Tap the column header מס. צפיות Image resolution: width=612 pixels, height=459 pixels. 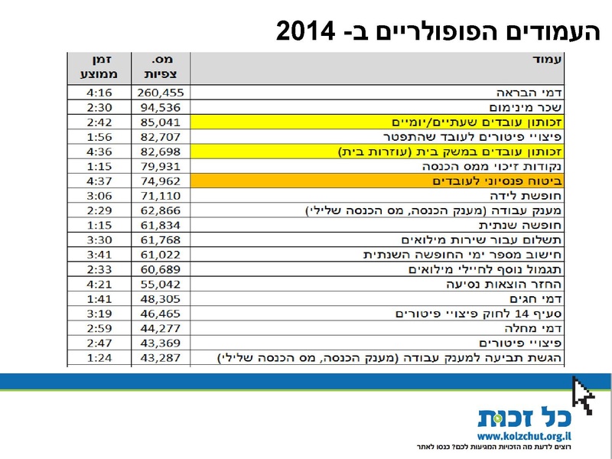[161, 67]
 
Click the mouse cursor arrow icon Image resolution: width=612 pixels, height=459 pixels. [583, 395]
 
